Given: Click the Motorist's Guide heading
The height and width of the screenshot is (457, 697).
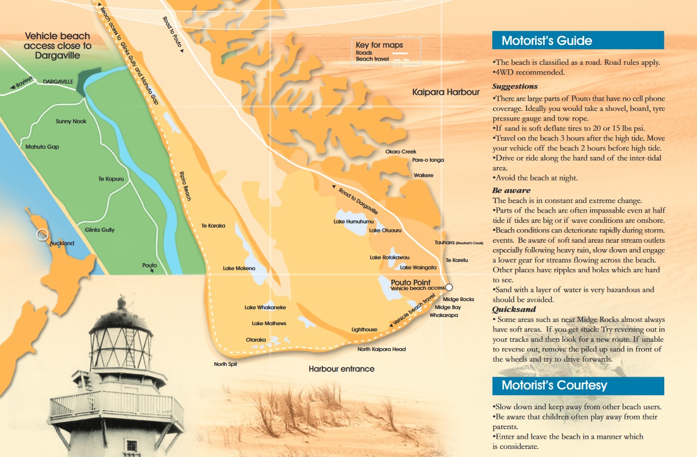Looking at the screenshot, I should coord(546,41).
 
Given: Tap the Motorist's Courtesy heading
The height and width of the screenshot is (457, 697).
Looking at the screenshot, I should coord(554,385).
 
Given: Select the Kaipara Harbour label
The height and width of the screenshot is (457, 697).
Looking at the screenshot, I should coord(446,92).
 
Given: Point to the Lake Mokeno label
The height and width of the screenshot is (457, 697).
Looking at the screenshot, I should coord(239,268).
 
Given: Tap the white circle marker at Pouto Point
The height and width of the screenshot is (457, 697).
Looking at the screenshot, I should coord(449,287).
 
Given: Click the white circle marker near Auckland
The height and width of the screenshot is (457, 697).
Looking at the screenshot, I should coord(42,234).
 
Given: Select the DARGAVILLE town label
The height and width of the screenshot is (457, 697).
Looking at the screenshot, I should coord(58,81).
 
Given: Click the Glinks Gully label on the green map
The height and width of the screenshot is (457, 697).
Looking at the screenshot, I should coord(100,230).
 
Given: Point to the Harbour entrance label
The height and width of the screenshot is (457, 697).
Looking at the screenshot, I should coord(342,369).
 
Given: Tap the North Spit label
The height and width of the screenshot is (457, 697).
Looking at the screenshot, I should coord(225,364).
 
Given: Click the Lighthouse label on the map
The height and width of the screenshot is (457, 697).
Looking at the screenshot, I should coord(364,329).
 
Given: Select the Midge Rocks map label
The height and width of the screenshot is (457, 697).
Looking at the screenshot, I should coord(458,299).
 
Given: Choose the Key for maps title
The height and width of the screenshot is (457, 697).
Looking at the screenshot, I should coord(379,45).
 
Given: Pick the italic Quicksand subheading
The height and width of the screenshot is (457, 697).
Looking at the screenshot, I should coord(514,309).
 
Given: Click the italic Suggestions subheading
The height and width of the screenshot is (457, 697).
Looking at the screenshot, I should coord(515,86).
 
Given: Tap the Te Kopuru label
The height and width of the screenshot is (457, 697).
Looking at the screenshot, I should coord(111,178).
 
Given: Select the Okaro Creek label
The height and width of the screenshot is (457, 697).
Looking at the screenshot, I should coord(401,152).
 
